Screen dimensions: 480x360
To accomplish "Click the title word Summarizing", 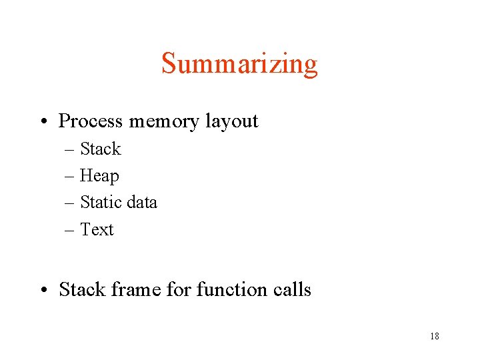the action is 239,65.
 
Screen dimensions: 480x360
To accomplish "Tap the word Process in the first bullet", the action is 91,121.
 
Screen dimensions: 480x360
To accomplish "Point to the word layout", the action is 231,121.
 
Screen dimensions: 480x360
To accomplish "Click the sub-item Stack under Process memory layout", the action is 100,149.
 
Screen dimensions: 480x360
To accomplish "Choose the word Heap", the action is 99,176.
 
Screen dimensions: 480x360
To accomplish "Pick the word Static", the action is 101,202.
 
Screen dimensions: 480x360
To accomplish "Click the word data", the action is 141,202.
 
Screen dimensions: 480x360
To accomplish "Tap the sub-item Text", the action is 97,229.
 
